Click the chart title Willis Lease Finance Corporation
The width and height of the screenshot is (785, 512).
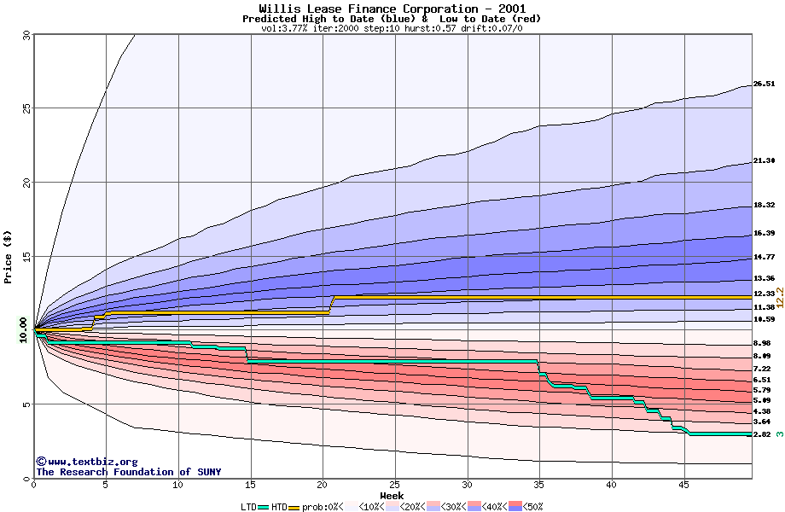(392, 9)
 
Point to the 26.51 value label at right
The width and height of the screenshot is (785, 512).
(764, 84)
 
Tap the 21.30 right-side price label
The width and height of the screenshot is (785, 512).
(764, 160)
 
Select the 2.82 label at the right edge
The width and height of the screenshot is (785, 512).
(762, 434)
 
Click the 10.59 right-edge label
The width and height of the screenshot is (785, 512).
(764, 319)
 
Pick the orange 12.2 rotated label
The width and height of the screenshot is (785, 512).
(778, 295)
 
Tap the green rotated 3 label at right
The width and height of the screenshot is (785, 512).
(779, 434)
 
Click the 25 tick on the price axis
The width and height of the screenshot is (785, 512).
(26, 108)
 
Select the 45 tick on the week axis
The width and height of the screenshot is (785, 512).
(683, 485)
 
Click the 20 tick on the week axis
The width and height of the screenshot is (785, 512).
(323, 485)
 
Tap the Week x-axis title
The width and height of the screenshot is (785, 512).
(392, 495)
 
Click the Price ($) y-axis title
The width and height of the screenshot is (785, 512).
(9, 256)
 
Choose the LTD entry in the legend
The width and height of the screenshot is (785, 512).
(249, 506)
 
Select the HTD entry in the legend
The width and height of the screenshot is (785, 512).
(279, 506)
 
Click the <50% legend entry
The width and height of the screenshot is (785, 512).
(532, 506)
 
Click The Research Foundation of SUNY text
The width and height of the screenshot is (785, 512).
(128, 472)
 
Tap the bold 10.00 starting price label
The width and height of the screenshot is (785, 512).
(23, 329)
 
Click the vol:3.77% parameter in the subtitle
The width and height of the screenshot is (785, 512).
(285, 28)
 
